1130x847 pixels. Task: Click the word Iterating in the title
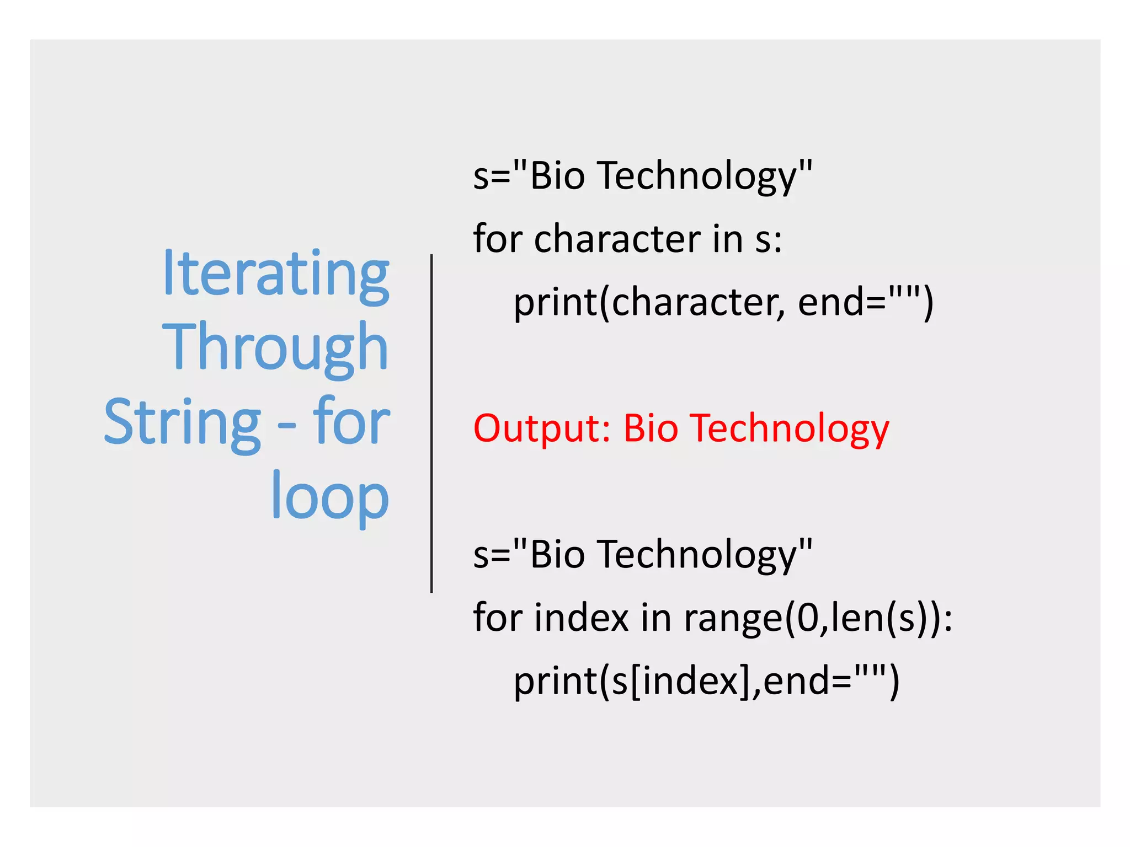coord(276,274)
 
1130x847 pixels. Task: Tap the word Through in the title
coord(275,347)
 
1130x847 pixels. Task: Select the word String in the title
coord(182,422)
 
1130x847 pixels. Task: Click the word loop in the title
coord(330,496)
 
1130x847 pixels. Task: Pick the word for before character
coord(497,239)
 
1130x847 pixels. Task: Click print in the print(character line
coord(555,303)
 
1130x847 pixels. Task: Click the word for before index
coord(497,618)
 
